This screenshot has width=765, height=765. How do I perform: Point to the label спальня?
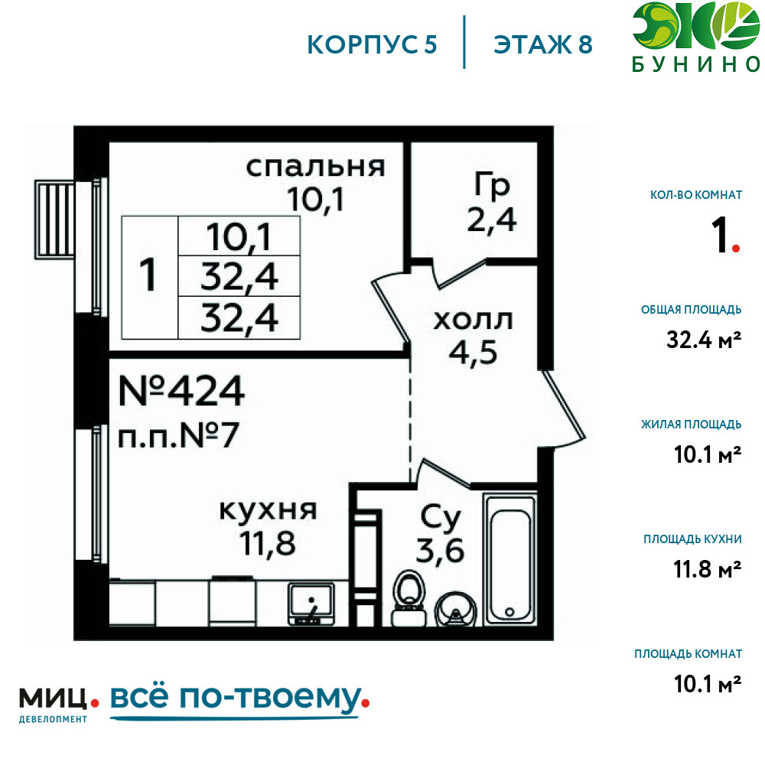(314, 168)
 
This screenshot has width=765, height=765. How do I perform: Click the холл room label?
(463, 321)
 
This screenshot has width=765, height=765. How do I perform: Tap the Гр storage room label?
(492, 186)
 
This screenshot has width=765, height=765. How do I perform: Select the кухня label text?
(268, 510)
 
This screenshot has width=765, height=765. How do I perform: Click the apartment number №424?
(182, 392)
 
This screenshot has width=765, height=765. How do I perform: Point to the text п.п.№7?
(180, 437)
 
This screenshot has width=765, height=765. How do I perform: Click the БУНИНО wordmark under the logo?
(695, 65)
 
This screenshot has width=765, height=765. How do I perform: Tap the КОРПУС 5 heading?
(372, 44)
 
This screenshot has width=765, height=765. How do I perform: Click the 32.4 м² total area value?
(703, 339)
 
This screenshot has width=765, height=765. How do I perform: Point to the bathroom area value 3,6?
(440, 550)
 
